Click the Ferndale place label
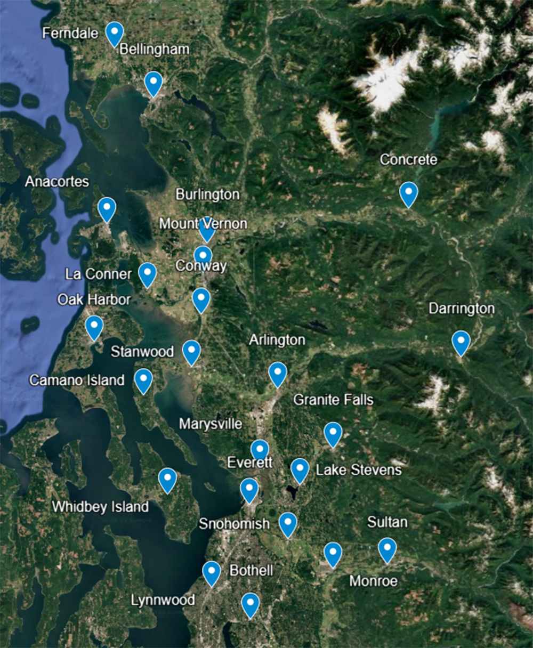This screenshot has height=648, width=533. click(70, 33)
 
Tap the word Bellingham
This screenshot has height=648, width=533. click(154, 49)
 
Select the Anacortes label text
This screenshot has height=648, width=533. click(57, 181)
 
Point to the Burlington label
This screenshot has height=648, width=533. click(207, 195)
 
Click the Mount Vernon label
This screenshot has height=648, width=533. click(203, 223)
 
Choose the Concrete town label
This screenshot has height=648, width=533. click(408, 159)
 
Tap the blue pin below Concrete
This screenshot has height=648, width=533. click(408, 193)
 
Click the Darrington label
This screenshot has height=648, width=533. click(462, 309)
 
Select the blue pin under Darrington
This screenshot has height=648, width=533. click(461, 342)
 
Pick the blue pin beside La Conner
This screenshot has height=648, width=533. click(147, 273)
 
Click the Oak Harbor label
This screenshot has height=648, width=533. click(94, 299)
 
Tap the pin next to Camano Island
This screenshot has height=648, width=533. click(143, 380)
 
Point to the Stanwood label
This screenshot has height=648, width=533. click(142, 352)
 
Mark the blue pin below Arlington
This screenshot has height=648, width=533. click(277, 373)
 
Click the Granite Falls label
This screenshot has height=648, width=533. click(333, 400)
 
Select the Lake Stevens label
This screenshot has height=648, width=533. click(358, 470)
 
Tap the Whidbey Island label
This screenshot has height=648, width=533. click(100, 506)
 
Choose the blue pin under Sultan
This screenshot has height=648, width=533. click(387, 549)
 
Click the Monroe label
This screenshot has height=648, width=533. click(373, 580)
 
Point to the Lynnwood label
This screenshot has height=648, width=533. click(163, 600)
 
